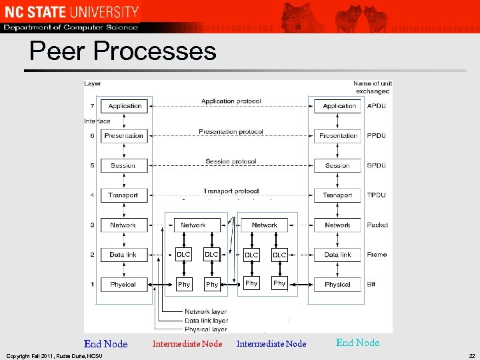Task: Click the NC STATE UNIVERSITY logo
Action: point(71,11)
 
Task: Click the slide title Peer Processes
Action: point(123,51)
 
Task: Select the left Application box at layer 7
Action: point(125,106)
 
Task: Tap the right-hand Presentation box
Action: point(338,135)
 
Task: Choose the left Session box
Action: point(123,165)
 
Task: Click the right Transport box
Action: point(337,195)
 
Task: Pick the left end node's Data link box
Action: point(123,255)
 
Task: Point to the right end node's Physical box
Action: point(337,285)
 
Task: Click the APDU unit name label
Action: point(377,106)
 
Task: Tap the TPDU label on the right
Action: point(377,195)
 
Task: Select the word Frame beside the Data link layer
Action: point(377,255)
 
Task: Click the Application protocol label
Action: point(231,101)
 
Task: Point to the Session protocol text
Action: point(231,161)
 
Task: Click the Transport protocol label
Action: point(231,191)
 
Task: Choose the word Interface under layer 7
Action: point(97,121)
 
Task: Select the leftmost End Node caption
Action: point(105,344)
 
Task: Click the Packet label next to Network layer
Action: point(377,225)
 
